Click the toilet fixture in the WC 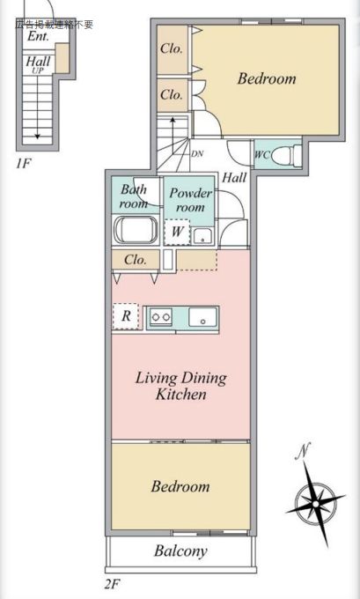tap(286, 155)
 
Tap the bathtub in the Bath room tap(136, 231)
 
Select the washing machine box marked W tap(177, 232)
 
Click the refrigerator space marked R tap(126, 316)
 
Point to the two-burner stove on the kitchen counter tap(160, 317)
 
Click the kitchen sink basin tap(202, 317)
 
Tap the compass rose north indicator tap(315, 499)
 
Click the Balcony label tap(180, 551)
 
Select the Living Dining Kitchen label tap(181, 386)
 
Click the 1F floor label tap(23, 164)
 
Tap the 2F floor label tap(113, 584)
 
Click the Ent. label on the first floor tap(38, 37)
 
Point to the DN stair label tap(197, 154)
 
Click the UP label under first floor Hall tap(38, 70)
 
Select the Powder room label tap(190, 200)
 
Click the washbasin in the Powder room tap(202, 236)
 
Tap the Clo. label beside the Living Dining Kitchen tap(136, 260)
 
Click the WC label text tap(262, 155)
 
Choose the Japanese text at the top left tap(54, 25)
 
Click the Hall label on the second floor tap(234, 178)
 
